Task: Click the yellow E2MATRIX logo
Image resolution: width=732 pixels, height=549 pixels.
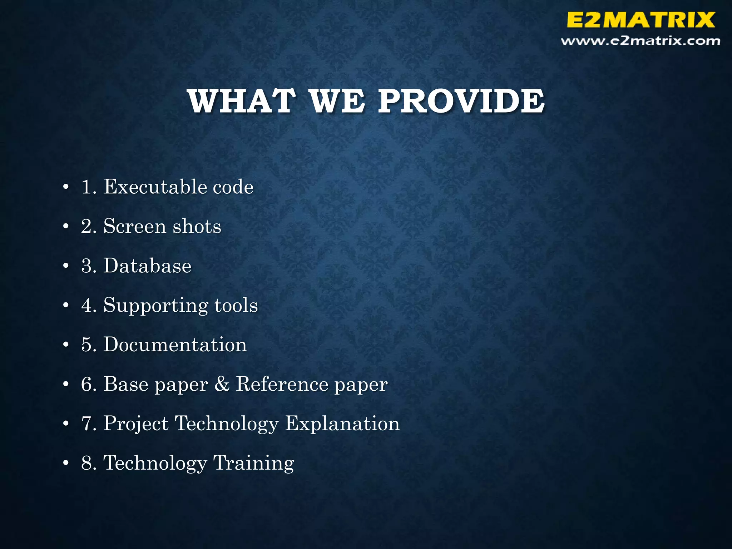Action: coord(640,20)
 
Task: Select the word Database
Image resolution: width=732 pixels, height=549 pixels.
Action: coord(147,266)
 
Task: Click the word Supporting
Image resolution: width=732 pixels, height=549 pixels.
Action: coord(155,306)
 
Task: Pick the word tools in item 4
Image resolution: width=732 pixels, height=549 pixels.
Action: coord(236,305)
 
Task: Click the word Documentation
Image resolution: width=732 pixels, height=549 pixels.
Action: coord(175,345)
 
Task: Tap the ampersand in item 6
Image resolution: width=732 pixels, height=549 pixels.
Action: coord(222,384)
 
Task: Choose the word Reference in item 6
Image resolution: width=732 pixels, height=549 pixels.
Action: coord(282,384)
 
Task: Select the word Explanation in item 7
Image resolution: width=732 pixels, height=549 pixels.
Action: coord(342,424)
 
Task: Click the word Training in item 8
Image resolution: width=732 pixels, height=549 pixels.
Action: coord(253,464)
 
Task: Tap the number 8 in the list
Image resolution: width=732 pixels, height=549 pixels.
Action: coord(87,463)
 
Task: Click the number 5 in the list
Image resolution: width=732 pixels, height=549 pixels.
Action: coord(87,345)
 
